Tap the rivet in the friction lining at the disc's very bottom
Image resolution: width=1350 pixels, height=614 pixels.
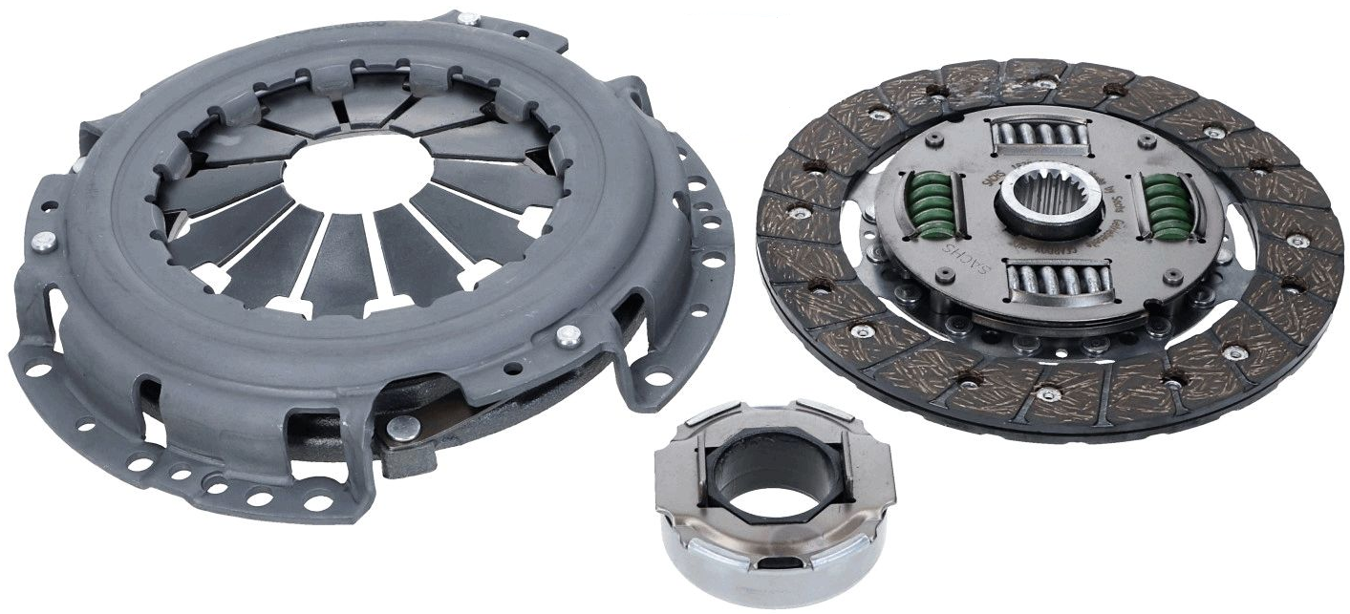[x=1048, y=392]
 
